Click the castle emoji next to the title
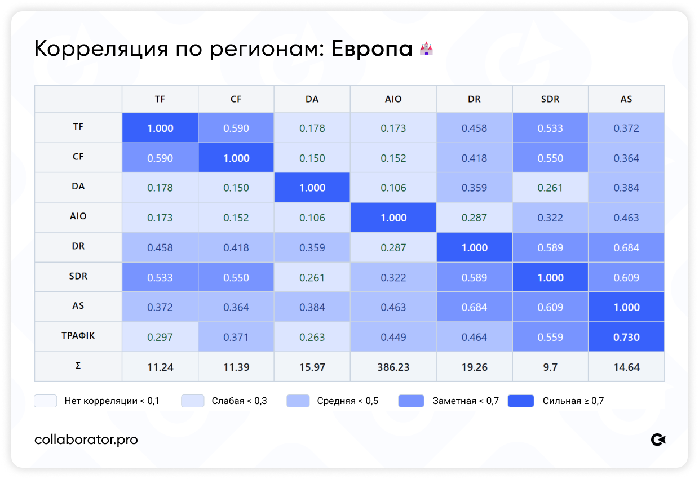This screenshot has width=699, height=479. point(426,48)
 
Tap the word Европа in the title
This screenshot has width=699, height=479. point(371,49)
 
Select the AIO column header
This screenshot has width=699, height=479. point(393,99)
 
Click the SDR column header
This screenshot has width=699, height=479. point(550,99)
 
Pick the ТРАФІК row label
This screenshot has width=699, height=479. point(78,336)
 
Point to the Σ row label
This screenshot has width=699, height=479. point(78,366)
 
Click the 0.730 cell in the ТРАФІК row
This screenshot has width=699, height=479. point(626,337)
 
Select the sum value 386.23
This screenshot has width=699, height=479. point(393,367)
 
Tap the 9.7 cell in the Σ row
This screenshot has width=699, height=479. point(550,367)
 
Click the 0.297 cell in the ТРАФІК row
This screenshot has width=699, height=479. point(160,337)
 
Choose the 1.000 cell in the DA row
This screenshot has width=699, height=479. point(312,188)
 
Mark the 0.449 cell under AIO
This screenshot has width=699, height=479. point(393,337)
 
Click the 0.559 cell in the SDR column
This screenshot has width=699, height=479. point(550,337)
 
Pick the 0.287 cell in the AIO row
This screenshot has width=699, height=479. point(474,218)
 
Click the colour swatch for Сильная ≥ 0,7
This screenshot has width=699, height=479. point(521,401)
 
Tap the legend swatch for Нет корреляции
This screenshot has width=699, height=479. point(46,401)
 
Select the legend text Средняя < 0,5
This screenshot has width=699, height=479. point(348,401)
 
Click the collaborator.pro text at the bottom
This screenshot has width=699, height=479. point(86,440)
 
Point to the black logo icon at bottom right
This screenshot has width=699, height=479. point(658,440)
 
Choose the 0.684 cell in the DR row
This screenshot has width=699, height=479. point(626,247)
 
